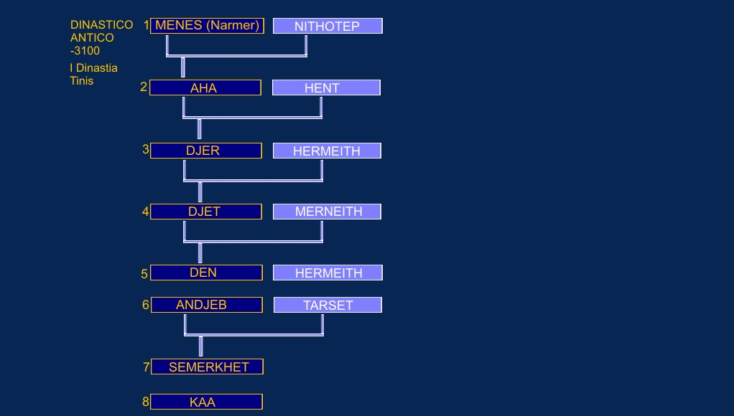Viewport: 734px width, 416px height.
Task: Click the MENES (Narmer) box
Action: coord(207,26)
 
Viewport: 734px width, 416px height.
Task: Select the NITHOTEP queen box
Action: coord(327,26)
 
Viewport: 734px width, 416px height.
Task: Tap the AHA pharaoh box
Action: coord(205,88)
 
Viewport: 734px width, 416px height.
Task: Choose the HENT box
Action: coord(326,88)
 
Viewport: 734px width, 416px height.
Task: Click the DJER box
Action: coord(206,151)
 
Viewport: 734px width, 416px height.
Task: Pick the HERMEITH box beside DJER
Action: coord(327,151)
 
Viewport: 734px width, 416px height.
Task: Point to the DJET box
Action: coord(206,212)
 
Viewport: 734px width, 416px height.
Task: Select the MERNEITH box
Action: coord(327,212)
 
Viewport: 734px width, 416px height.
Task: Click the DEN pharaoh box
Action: coord(206,273)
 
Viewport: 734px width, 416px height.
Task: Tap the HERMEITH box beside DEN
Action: coord(327,273)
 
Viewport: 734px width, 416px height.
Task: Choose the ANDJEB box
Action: coord(206,305)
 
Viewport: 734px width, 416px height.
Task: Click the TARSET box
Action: coord(327,305)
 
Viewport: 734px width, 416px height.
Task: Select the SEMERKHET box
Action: coord(208,367)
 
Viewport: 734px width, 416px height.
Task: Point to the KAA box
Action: coord(206,402)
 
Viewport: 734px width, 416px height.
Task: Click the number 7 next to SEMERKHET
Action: coord(146,367)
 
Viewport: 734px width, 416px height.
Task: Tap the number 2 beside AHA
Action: coord(144,87)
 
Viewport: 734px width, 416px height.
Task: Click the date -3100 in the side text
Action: coord(85,50)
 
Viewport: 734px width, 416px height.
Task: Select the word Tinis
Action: coord(81,81)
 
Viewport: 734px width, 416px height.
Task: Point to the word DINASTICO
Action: coord(101,25)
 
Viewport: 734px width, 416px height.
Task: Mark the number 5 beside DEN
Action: coord(144,274)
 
